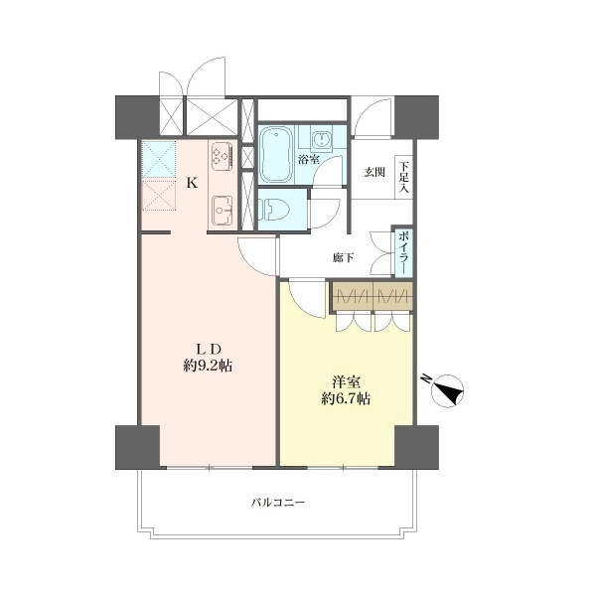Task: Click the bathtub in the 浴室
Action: [277, 155]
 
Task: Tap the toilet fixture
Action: [274, 210]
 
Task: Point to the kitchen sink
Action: [223, 211]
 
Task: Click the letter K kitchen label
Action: [192, 183]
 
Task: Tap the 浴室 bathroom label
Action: [308, 159]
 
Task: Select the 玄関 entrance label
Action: [374, 172]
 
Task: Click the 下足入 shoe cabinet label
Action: [403, 177]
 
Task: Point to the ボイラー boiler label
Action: [403, 251]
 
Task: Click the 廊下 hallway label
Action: [344, 258]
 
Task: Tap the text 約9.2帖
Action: [208, 366]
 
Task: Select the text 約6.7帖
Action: [346, 398]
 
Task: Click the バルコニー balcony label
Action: [278, 503]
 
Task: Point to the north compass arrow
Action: [449, 391]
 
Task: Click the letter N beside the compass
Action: [427, 378]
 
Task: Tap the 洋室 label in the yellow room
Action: [346, 381]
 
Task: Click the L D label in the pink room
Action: [208, 349]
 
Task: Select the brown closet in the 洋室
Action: [372, 296]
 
